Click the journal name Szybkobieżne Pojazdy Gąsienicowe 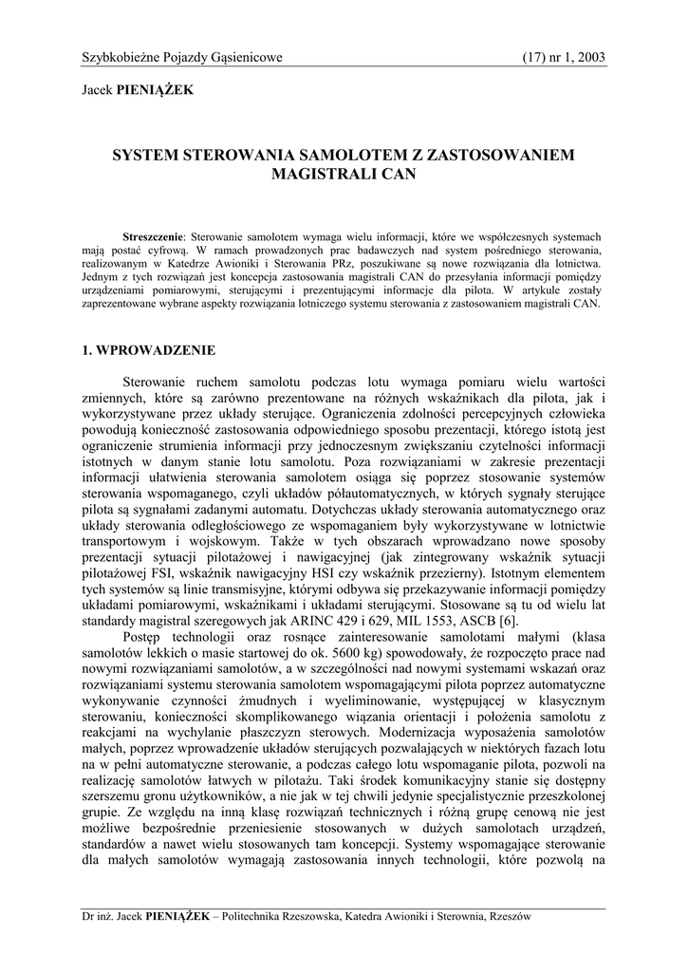[182, 58]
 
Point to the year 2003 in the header [589, 58]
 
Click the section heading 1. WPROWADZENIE [149, 349]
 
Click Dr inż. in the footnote [99, 916]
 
